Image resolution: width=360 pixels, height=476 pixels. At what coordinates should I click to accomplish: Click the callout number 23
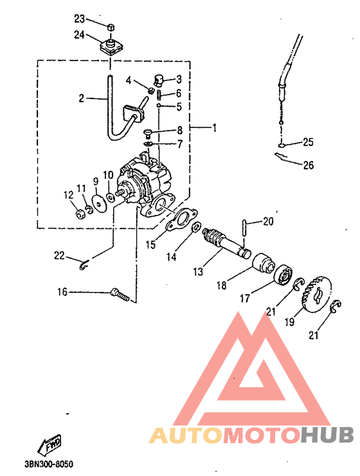tap(80, 19)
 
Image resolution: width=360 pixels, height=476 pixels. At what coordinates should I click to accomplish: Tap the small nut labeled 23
tap(111, 27)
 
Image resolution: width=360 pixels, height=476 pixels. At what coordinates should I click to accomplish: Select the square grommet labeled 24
tap(111, 46)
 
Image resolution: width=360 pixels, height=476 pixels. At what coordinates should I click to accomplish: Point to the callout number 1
tap(215, 128)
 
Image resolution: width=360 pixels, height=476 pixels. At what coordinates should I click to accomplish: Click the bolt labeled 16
tap(120, 295)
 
